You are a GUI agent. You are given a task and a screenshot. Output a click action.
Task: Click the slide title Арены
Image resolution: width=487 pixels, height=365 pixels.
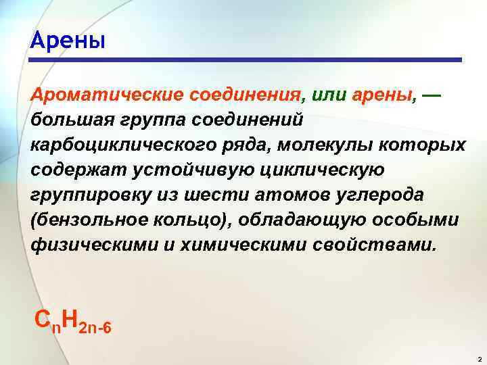coord(68,41)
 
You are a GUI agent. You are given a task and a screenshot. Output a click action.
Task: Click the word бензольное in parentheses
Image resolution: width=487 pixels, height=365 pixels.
coord(91,220)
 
